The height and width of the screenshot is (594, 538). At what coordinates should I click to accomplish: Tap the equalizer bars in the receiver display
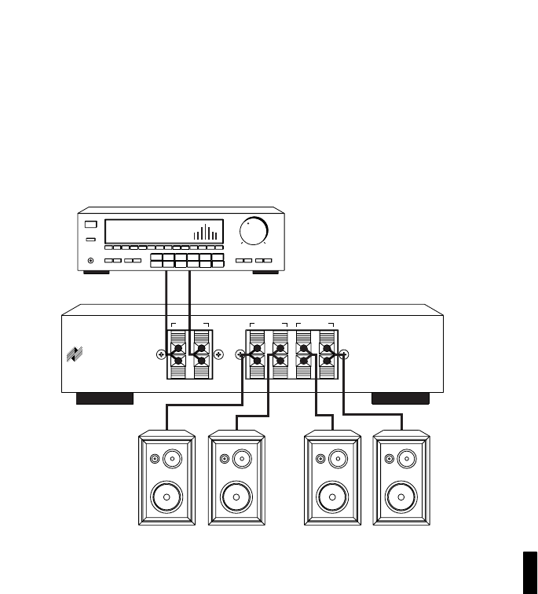[x=206, y=233]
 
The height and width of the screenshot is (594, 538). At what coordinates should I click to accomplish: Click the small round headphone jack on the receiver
[x=92, y=260]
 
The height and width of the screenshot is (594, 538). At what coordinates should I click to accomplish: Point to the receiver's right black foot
[x=266, y=272]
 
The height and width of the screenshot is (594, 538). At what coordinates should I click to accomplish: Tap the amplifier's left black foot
[x=104, y=398]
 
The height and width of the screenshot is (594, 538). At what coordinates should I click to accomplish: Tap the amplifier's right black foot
[x=401, y=398]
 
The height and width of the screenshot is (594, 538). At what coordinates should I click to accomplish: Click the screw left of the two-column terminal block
[x=161, y=355]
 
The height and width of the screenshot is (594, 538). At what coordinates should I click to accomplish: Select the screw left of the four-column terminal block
[x=240, y=355]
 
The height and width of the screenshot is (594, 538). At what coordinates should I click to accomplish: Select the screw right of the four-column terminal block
[x=343, y=355]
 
